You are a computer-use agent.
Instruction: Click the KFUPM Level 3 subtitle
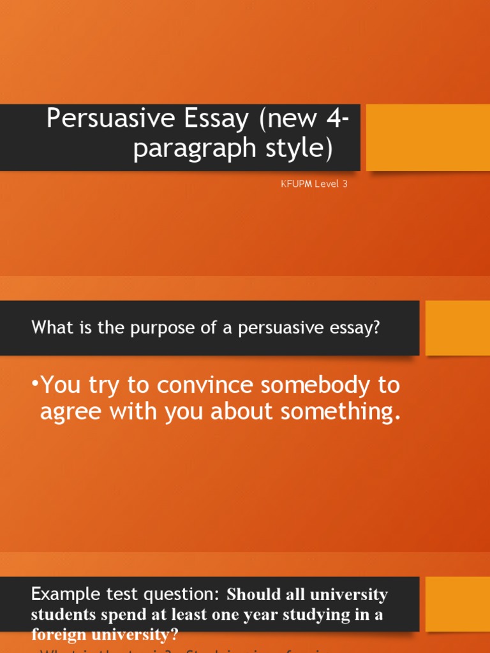(x=314, y=184)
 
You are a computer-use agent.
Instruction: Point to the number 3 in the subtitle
(x=345, y=184)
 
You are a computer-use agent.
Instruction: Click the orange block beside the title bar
(x=427, y=137)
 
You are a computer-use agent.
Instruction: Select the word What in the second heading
(x=48, y=328)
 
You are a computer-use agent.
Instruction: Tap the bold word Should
(x=253, y=594)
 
